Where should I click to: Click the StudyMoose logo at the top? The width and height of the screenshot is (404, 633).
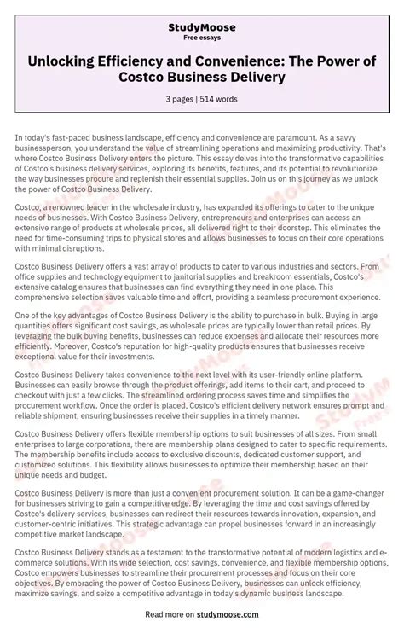click(x=202, y=27)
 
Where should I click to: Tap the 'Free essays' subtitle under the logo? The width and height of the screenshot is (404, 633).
click(x=202, y=38)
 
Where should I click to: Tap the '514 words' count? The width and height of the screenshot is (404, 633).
click(x=221, y=99)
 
